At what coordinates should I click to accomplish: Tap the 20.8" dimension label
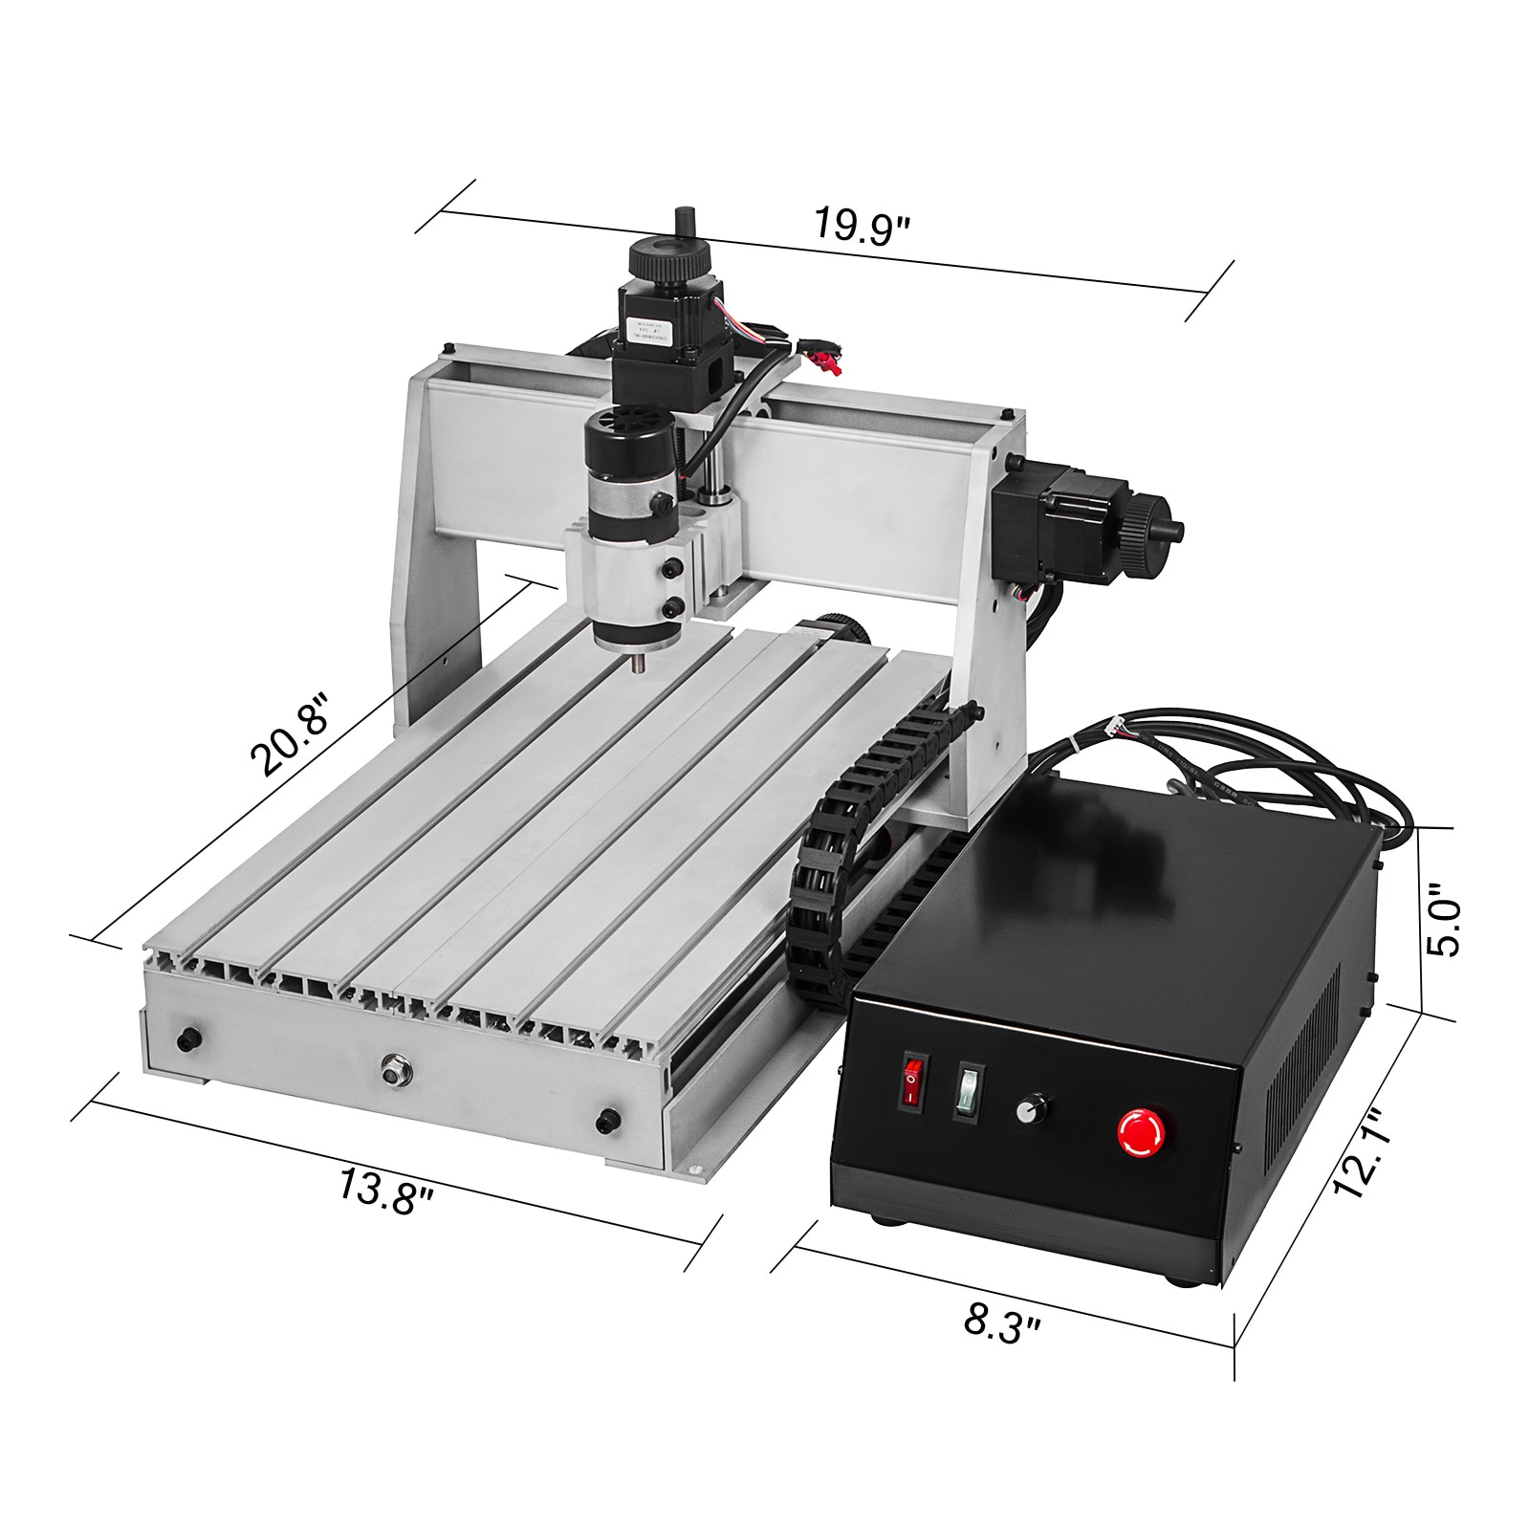[289, 733]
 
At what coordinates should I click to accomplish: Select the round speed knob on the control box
[1028, 1111]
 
